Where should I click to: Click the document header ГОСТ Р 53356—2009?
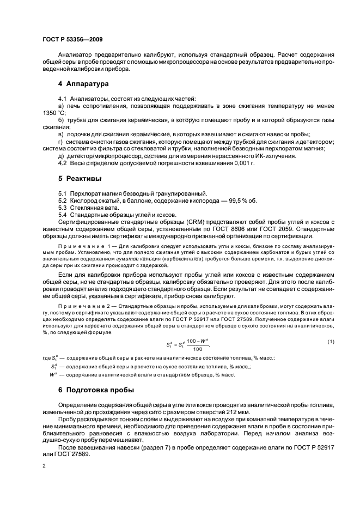(x=72, y=40)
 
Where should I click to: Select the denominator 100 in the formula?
(x=197, y=349)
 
